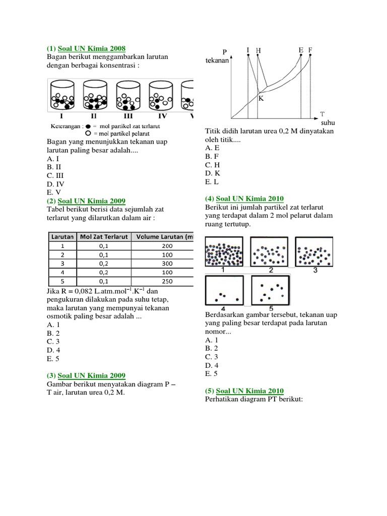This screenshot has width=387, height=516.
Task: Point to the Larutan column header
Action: click(62, 236)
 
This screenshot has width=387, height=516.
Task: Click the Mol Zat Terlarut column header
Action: click(104, 236)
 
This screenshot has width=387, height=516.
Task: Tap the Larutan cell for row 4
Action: click(62, 273)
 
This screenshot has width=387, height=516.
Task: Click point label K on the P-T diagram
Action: click(261, 98)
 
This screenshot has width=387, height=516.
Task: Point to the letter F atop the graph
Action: click(310, 50)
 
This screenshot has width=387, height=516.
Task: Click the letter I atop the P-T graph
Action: click(248, 50)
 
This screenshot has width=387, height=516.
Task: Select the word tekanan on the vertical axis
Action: click(217, 61)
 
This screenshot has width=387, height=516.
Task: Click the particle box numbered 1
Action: click(224, 251)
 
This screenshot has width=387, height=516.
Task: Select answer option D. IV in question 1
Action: click(55, 184)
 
